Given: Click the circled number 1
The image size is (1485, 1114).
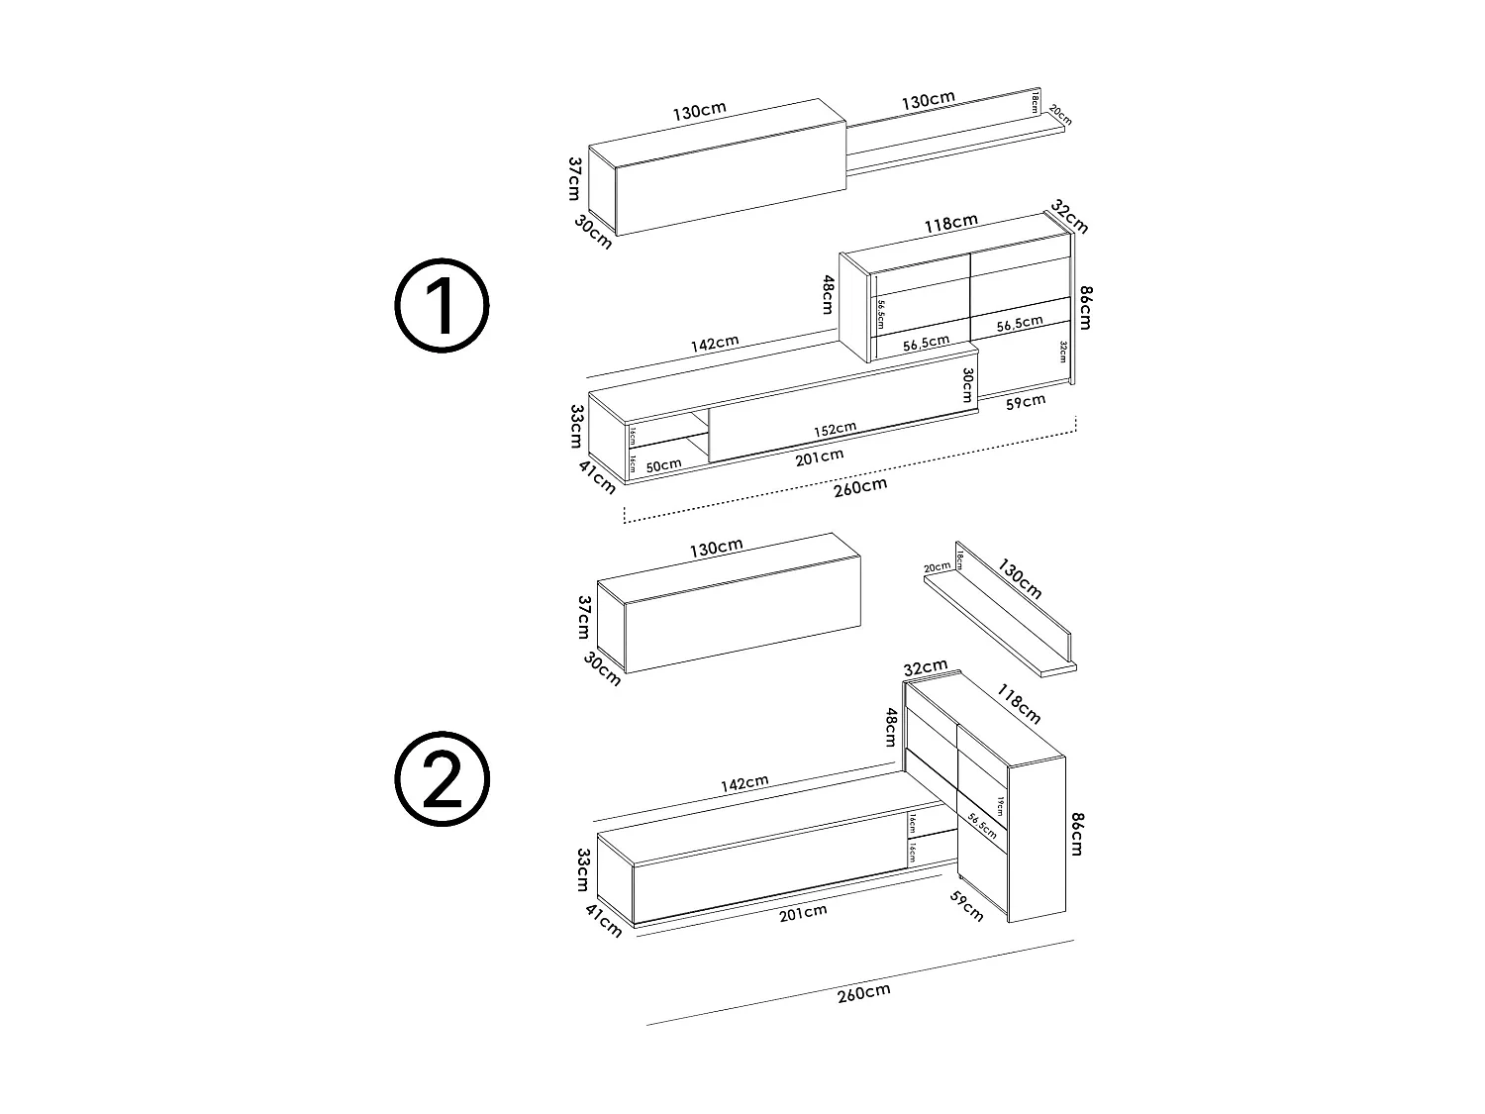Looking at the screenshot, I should click(x=442, y=306).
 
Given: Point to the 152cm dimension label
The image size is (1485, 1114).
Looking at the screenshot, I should click(x=836, y=429).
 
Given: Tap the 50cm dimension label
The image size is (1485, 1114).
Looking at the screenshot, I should click(x=663, y=464).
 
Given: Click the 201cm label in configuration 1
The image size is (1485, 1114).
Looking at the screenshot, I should click(x=819, y=455).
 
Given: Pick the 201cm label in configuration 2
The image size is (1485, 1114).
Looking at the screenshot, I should click(x=803, y=912).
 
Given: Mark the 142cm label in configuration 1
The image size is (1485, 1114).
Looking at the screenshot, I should click(x=715, y=343).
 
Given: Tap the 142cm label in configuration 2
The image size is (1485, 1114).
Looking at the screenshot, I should click(x=744, y=782).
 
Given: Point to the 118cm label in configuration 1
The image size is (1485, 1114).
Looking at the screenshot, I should click(x=950, y=223).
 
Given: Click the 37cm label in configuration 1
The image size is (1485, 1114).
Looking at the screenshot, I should click(x=574, y=177).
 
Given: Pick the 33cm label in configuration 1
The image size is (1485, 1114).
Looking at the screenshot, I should click(x=574, y=426).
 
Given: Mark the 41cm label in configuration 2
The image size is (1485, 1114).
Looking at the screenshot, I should click(x=604, y=921).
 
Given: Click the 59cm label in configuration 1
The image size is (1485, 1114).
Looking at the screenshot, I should click(x=1026, y=401).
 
